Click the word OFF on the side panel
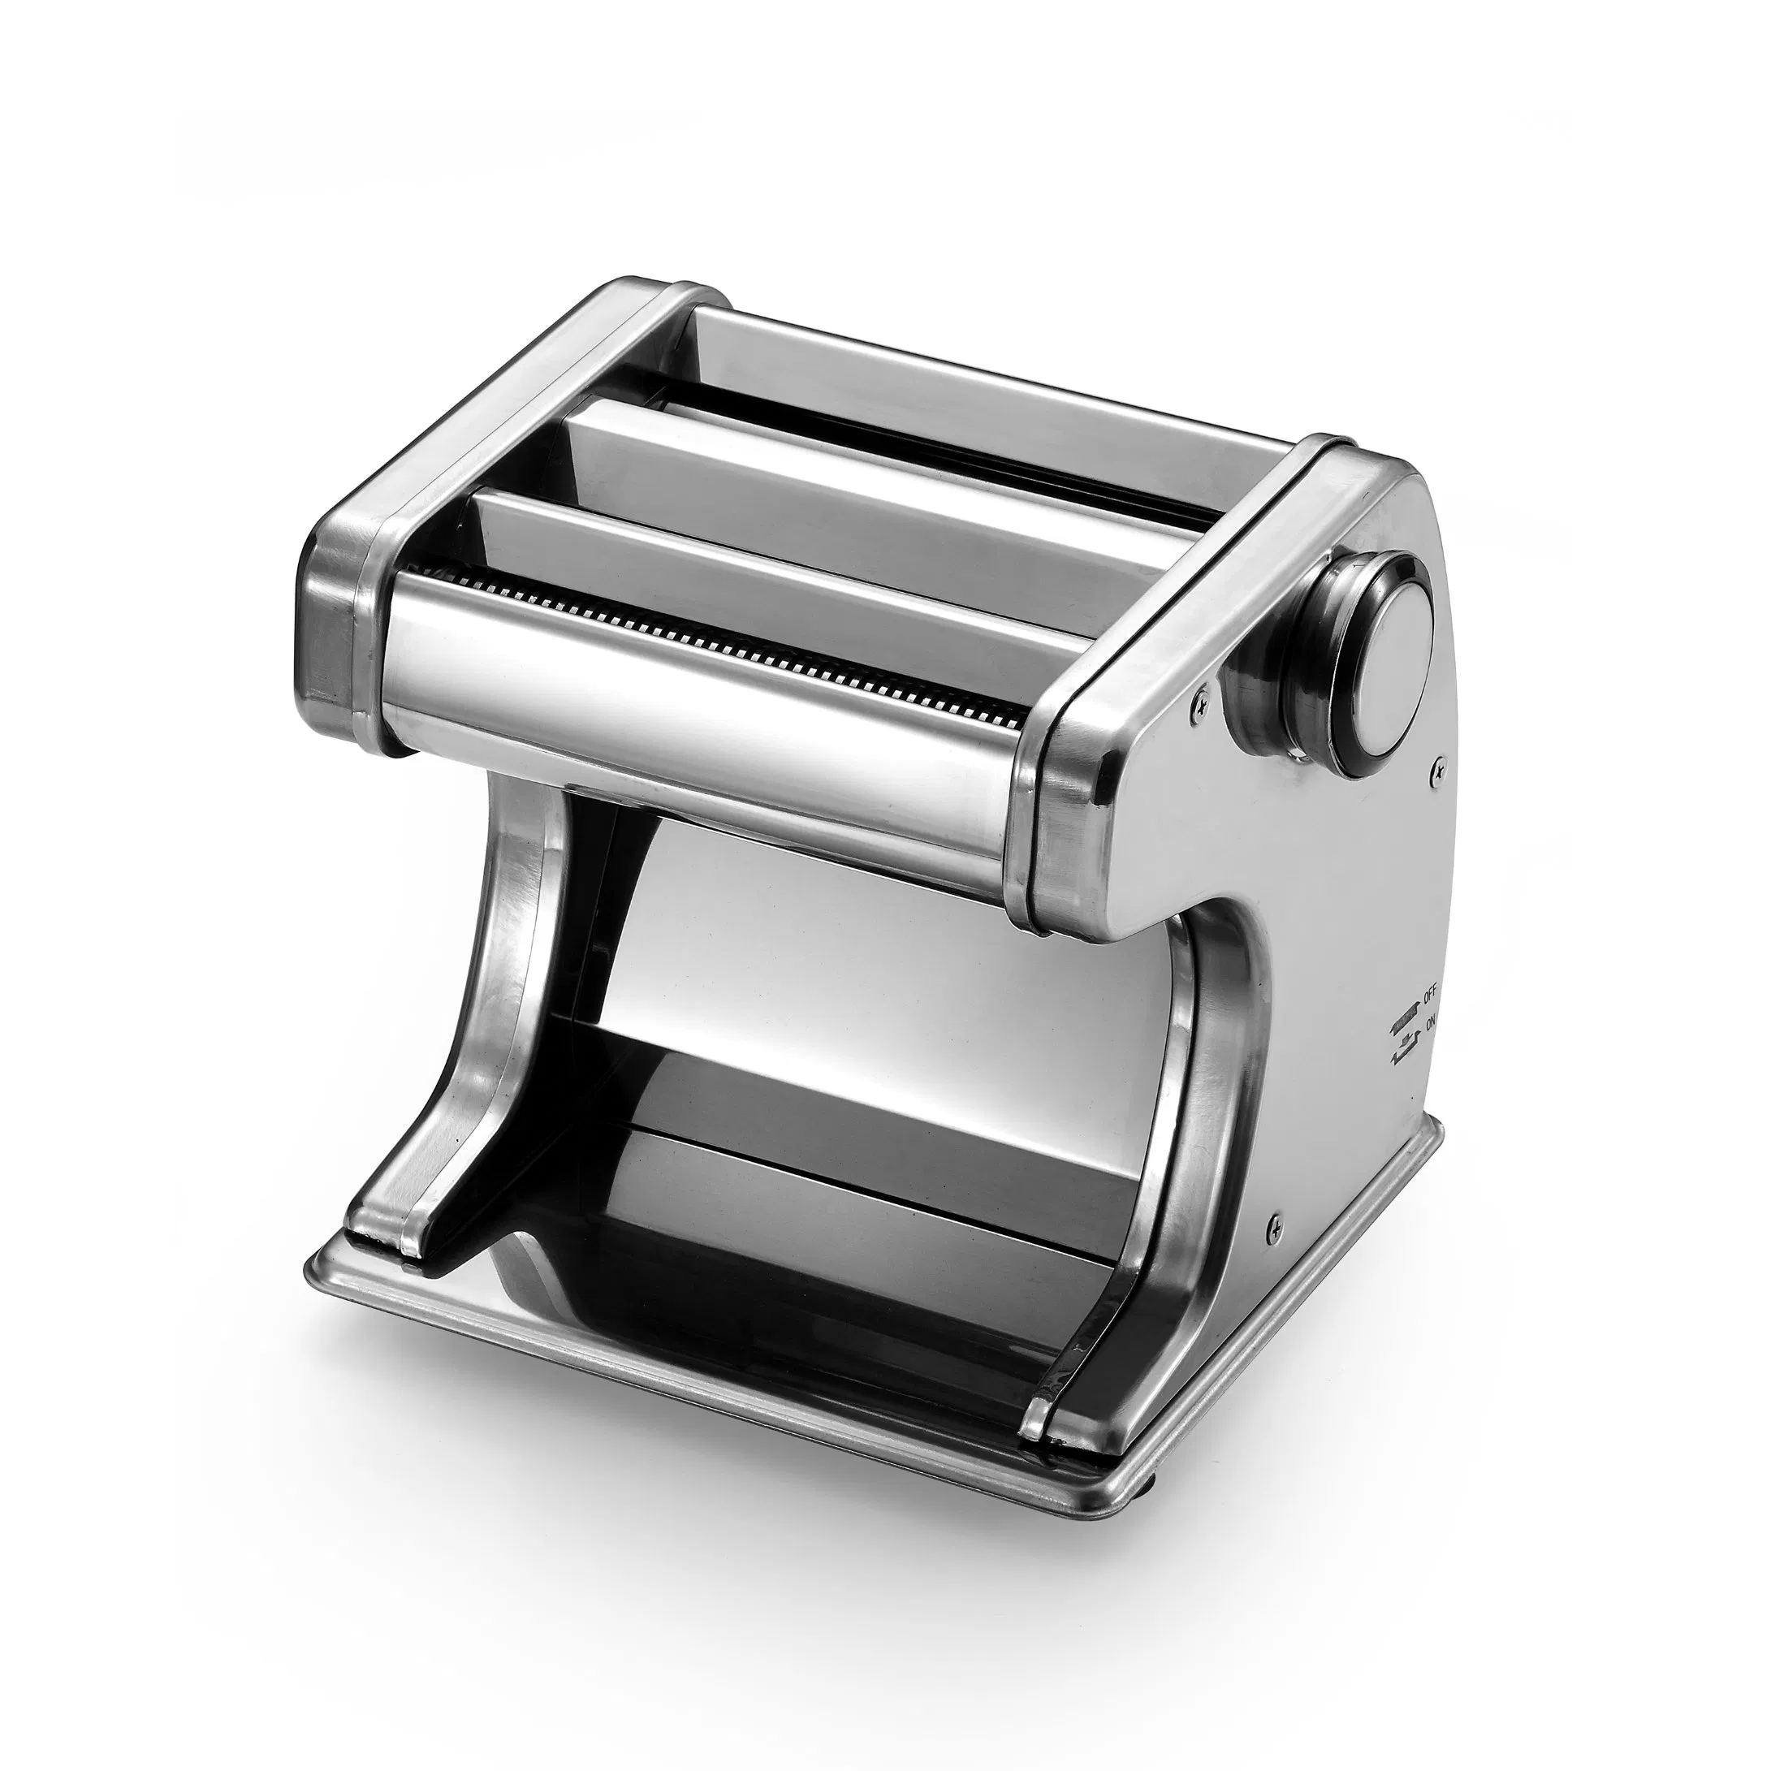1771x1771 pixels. tap(1430, 993)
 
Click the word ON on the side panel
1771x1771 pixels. tap(1431, 1023)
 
